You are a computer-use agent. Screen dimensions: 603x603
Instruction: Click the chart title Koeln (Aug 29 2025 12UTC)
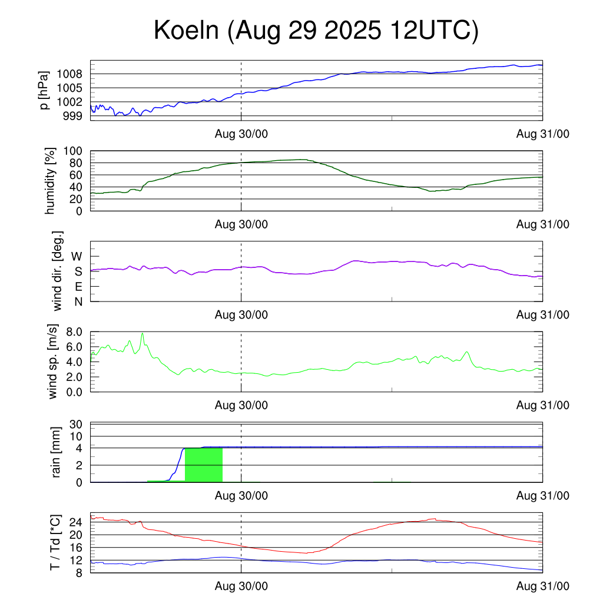coord(316,31)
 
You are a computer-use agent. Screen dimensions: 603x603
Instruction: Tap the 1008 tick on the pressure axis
coord(73,74)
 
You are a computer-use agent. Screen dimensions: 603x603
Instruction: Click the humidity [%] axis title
coord(51,181)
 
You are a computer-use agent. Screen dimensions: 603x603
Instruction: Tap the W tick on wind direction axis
coord(77,256)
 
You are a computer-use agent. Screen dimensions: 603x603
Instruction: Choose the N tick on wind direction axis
coord(78,301)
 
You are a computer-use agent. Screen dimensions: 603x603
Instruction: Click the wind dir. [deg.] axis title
coord(58,271)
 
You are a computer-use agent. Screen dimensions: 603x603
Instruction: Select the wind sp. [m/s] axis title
coord(54,362)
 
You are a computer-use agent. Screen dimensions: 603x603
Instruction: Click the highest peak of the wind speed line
coord(142,333)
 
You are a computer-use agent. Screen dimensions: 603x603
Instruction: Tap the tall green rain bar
coord(204,465)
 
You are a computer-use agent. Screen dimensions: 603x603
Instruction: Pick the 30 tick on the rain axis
coord(76,424)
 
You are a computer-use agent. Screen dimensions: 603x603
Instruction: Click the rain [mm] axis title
coord(57,453)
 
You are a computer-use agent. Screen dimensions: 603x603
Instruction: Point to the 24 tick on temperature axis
coord(75,522)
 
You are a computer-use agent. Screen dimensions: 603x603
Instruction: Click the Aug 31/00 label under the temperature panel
coord(542,587)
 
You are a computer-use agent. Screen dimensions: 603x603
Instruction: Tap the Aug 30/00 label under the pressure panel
coord(241,134)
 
